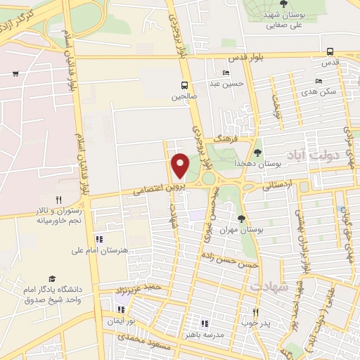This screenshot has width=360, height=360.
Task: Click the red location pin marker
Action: click(181, 165)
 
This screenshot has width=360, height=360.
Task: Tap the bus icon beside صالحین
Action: click(184, 86)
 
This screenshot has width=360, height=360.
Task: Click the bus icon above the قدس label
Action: click(330, 51)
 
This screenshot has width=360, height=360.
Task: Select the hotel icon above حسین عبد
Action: click(226, 73)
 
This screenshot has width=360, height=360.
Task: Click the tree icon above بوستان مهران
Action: click(242, 219)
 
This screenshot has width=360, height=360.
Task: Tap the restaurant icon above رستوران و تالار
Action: click(59, 199)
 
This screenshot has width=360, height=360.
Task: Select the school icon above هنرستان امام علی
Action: click(98, 239)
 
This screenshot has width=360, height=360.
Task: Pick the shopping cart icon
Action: click(15, 73)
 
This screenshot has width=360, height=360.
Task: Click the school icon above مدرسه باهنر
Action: click(205, 323)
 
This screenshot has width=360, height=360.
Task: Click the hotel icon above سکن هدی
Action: click(318, 81)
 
